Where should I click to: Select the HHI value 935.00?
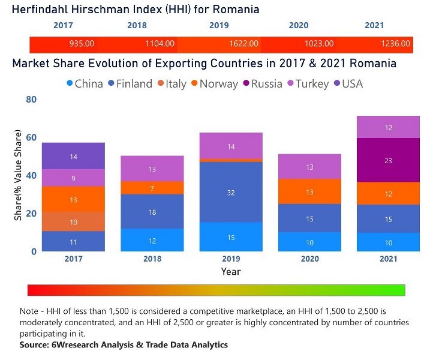pyautogui.click(x=82, y=44)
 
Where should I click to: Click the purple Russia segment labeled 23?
pyautogui.click(x=389, y=160)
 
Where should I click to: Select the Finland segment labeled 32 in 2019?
pyautogui.click(x=231, y=193)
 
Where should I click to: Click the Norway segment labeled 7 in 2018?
pyautogui.click(x=152, y=188)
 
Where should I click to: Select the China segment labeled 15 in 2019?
pyautogui.click(x=231, y=238)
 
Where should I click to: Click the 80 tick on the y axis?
pyautogui.click(x=31, y=100)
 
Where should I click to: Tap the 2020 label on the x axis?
pyautogui.click(x=310, y=259)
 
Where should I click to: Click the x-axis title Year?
pyautogui.click(x=231, y=271)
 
